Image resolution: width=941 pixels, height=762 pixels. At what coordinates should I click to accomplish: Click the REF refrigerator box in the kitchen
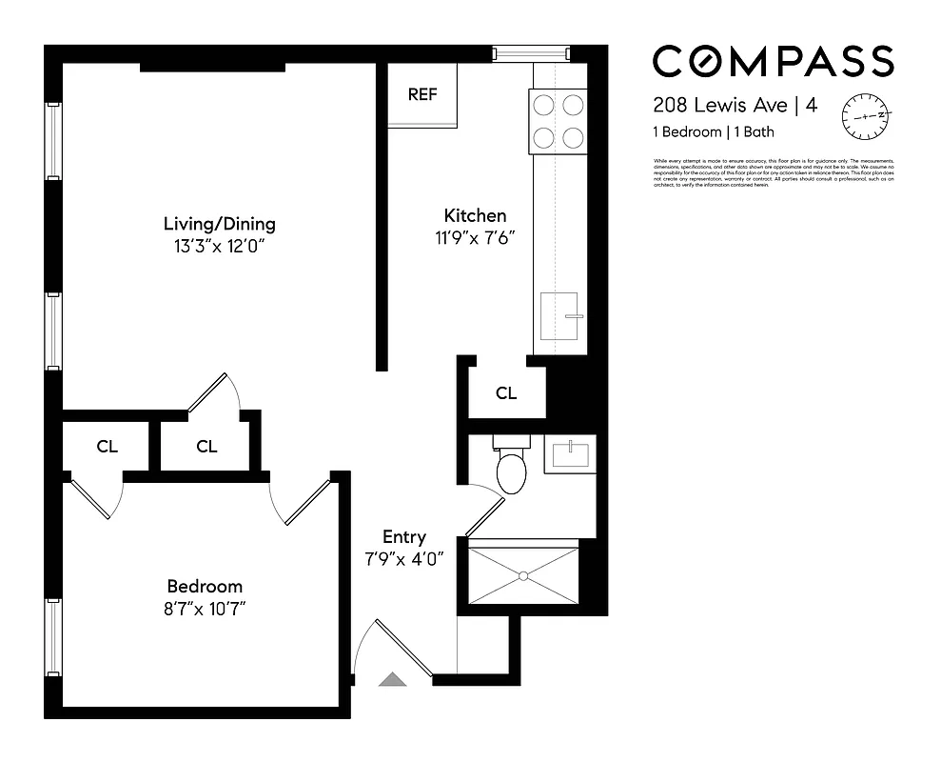coord(421,95)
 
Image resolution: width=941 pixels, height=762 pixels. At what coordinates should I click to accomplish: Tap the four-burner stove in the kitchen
coord(558,122)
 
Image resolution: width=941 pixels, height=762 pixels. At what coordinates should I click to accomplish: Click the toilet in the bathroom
coord(511,470)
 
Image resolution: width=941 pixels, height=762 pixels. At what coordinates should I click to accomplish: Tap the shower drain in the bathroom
coord(522,574)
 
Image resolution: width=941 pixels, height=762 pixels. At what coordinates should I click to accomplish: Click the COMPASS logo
coord(773,62)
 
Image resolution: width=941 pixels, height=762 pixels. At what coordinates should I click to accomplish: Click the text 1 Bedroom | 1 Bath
coord(713,132)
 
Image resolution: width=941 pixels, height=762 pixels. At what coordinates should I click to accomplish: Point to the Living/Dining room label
coord(219,225)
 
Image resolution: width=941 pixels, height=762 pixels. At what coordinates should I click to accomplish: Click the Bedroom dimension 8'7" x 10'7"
coord(205,607)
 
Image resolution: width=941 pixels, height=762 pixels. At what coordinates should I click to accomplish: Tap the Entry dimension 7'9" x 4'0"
coord(404,558)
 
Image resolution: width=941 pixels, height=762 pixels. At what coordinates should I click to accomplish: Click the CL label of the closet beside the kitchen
coord(506,392)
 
